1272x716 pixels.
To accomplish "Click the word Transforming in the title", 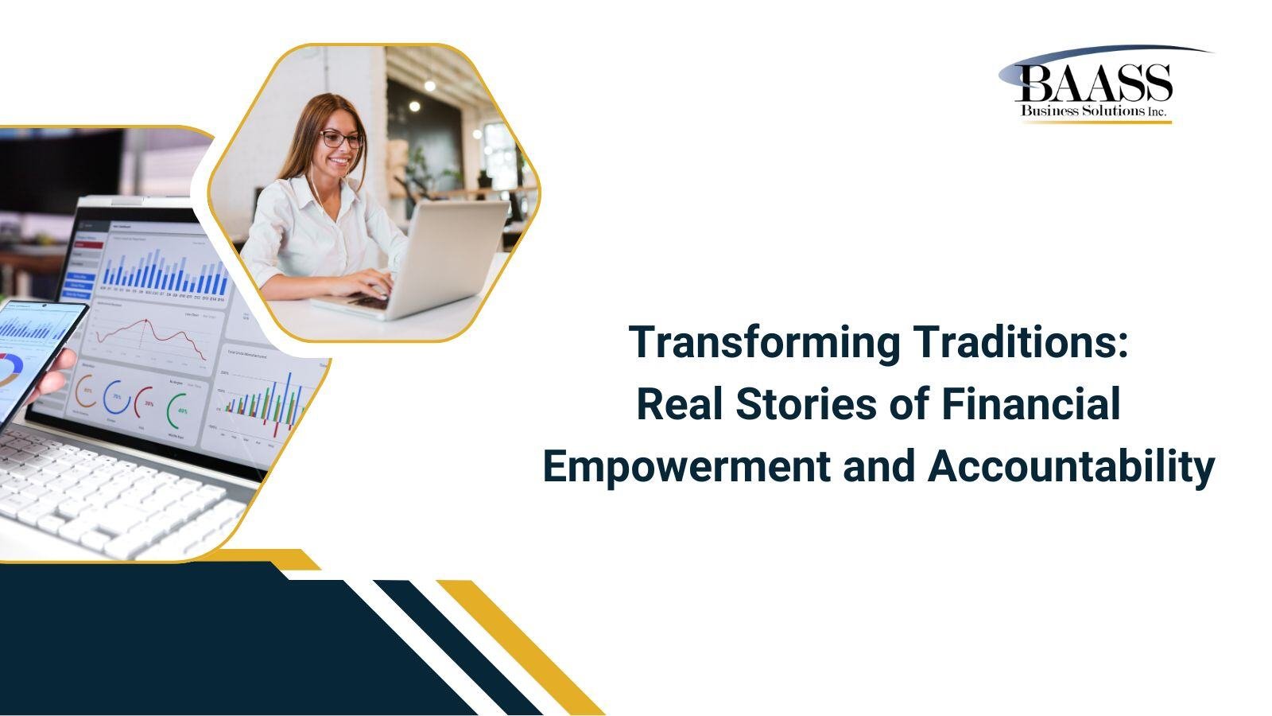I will (765, 343).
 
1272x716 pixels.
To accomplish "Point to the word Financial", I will (1030, 404).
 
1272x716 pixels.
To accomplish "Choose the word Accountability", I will (1071, 466).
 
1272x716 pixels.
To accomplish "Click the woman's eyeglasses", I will (341, 139).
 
